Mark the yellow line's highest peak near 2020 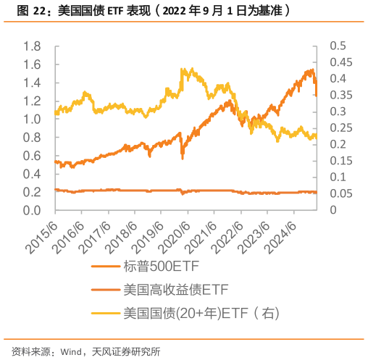pyautogui.click(x=187, y=68)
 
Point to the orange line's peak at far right pyautogui.click(x=311, y=70)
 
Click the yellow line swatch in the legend pyautogui.click(x=104, y=314)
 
